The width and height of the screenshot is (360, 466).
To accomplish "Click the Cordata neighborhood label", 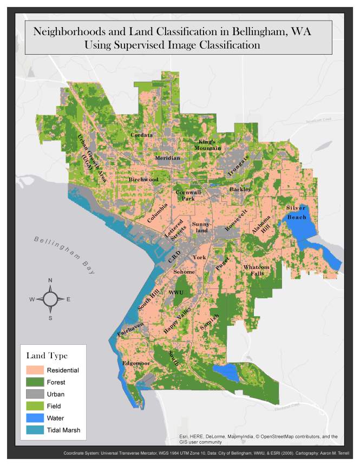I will pos(141,135).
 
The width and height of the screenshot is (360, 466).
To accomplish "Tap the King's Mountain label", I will pos(208,145).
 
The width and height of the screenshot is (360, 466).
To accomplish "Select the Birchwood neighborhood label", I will pos(143,179).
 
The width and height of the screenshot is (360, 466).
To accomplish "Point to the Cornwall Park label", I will pos(188,195).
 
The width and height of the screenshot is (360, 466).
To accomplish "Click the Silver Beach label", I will pos(296,212).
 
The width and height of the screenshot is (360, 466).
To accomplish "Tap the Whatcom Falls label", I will pos(256,270).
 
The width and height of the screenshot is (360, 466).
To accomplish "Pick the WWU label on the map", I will pos(176,292).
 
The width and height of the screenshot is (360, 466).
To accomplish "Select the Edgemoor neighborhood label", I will pos(136,363).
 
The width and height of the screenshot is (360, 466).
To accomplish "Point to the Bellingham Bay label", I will pos(63,255).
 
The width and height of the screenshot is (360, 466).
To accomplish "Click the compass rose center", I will pos(50,299).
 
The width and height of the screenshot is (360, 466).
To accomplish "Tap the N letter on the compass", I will pos(50,280).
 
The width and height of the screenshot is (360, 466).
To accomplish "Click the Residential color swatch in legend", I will pos(35,370).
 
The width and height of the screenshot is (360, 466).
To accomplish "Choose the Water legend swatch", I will pos(35,418).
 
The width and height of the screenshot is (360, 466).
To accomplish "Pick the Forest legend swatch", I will pos(35,382).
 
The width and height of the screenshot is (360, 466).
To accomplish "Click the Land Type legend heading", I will pos(47,356).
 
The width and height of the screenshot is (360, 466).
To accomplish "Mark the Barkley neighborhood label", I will pos(240,189).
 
